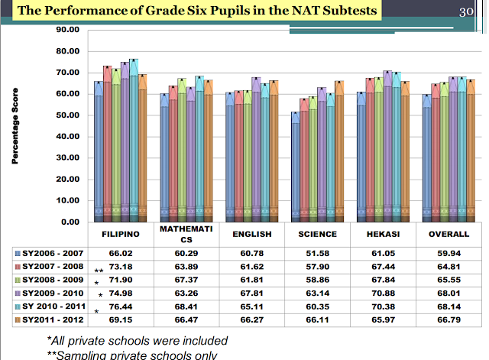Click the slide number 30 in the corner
point(468,11)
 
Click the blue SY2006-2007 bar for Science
point(296,168)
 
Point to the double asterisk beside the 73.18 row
point(99,271)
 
